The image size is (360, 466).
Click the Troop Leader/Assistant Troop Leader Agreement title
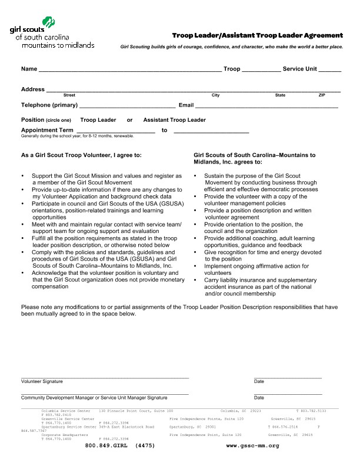click(x=257, y=35)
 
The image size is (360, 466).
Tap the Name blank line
click(x=130, y=69)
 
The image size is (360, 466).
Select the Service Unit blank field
click(x=329, y=69)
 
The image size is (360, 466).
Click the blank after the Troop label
click(x=261, y=69)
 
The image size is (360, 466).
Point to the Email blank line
click(x=266, y=106)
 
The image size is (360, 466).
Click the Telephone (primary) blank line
click(x=127, y=106)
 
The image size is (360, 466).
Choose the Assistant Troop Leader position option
click(x=175, y=120)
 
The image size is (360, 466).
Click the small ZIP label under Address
click(x=322, y=95)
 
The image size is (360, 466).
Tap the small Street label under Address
click(x=69, y=95)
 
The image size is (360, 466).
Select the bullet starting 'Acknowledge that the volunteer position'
click(x=102, y=279)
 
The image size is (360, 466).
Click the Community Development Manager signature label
click(x=94, y=398)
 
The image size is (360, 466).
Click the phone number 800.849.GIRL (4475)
click(x=119, y=446)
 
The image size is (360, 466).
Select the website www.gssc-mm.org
click(x=252, y=446)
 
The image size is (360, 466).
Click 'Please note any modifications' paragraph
click(x=179, y=310)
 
